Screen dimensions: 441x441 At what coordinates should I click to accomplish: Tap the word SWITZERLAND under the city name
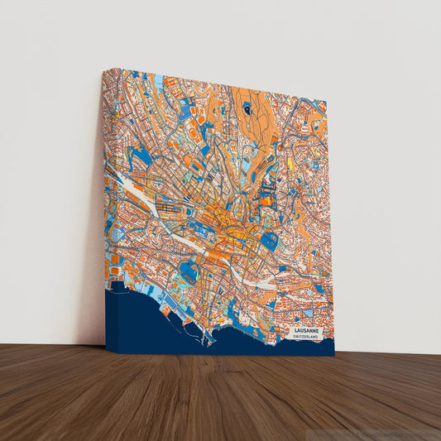point(309,338)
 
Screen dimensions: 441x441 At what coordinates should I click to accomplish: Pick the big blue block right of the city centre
point(269,241)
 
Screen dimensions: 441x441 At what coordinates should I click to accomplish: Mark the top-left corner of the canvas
point(104,70)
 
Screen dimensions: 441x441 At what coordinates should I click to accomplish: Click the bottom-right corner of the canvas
point(334,356)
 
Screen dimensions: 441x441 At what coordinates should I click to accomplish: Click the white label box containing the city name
point(309,333)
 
